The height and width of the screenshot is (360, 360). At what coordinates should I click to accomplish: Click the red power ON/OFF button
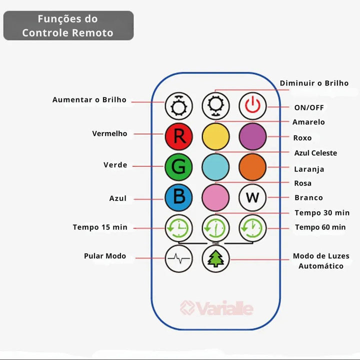pyautogui.click(x=252, y=106)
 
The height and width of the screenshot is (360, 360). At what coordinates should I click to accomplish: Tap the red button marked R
pyautogui.click(x=178, y=136)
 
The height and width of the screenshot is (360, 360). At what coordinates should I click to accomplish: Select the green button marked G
pyautogui.click(x=178, y=166)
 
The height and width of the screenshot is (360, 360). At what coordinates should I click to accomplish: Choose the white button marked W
pyautogui.click(x=252, y=197)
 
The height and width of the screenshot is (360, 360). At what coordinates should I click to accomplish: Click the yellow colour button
pyautogui.click(x=215, y=136)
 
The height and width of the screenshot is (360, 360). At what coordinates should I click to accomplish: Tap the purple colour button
pyautogui.click(x=252, y=136)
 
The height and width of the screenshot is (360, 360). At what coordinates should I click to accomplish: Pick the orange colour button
pyautogui.click(x=252, y=166)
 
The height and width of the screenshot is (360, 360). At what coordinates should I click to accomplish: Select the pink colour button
pyautogui.click(x=215, y=197)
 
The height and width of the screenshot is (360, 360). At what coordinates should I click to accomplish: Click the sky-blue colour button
pyautogui.click(x=215, y=166)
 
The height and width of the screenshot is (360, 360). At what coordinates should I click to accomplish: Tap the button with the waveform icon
pyautogui.click(x=178, y=258)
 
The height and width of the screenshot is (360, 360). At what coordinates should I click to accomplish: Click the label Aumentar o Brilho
pyautogui.click(x=89, y=100)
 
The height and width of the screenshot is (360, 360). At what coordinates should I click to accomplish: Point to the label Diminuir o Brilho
pyautogui.click(x=314, y=83)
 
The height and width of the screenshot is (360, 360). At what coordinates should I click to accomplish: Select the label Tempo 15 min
pyautogui.click(x=100, y=227)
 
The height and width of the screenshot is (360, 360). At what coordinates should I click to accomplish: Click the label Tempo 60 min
pyautogui.click(x=320, y=227)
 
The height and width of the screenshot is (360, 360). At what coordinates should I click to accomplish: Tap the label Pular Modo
pyautogui.click(x=105, y=256)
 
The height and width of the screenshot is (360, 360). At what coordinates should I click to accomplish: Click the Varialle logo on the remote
pyautogui.click(x=216, y=308)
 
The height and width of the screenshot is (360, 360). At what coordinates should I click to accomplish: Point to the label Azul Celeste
pyautogui.click(x=315, y=153)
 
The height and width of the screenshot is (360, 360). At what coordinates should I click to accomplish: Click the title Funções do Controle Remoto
pyautogui.click(x=68, y=26)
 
